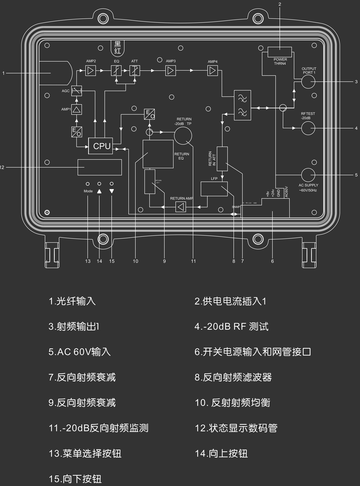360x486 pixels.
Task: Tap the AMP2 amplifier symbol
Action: (x=90, y=71)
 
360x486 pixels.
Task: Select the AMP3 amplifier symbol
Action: (x=171, y=71)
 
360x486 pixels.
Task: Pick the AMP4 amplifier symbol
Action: (x=213, y=71)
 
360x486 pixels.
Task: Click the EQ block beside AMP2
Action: (x=116, y=71)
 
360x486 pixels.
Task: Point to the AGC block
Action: (x=76, y=91)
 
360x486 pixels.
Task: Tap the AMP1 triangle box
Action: (x=76, y=109)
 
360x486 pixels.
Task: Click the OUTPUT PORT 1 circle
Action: (x=308, y=82)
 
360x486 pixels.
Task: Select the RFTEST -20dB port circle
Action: (x=308, y=128)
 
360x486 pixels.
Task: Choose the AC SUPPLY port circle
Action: (x=308, y=175)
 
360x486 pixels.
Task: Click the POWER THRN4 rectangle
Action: (x=280, y=52)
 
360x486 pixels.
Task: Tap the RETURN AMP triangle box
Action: (x=181, y=207)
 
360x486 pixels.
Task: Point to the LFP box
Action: (x=214, y=189)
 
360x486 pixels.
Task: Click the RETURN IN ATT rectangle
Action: (x=222, y=159)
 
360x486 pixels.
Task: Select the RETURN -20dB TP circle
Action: (x=183, y=135)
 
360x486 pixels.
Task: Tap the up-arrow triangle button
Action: (x=99, y=191)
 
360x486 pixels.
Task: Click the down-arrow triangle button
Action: (x=112, y=191)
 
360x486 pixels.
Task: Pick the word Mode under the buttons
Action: (x=88, y=191)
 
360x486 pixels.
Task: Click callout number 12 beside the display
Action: (x=2, y=167)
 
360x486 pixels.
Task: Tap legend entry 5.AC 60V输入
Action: (x=80, y=352)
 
